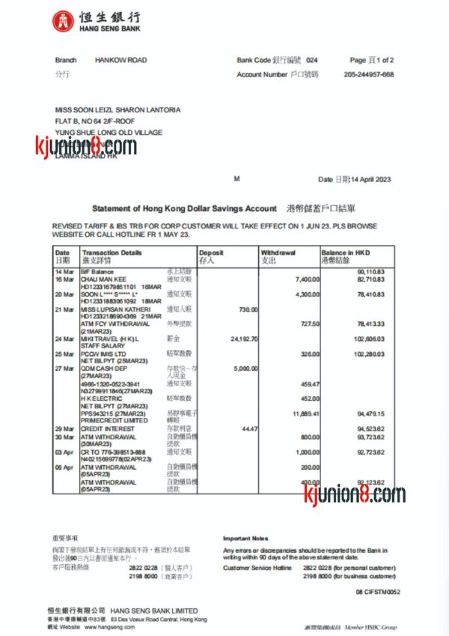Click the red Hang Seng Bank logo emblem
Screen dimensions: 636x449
click(x=63, y=22)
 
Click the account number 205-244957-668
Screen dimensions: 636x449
click(x=369, y=75)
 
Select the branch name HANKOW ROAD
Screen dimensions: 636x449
click(x=120, y=60)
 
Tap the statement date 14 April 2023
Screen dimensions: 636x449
click(x=372, y=179)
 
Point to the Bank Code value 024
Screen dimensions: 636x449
click(x=312, y=60)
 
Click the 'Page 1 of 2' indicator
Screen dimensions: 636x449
click(x=372, y=60)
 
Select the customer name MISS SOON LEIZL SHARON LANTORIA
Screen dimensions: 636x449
click(x=117, y=110)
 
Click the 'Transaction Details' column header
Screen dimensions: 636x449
click(x=112, y=253)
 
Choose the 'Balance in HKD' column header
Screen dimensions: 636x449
click(x=346, y=253)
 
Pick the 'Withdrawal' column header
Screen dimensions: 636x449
click(x=278, y=253)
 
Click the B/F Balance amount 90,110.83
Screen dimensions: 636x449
click(x=371, y=271)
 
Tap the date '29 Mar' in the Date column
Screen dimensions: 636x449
click(x=64, y=428)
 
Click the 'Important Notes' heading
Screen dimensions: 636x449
click(x=245, y=538)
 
